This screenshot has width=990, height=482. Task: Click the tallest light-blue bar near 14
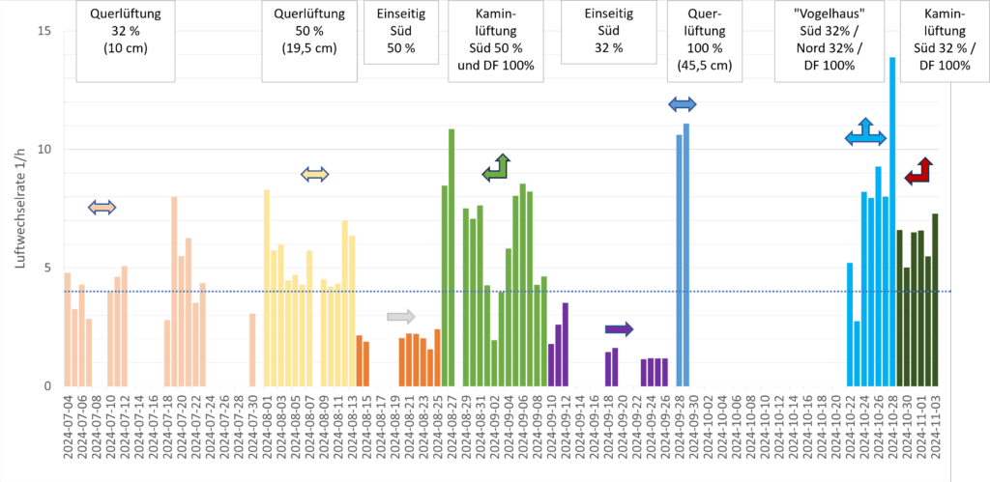892,221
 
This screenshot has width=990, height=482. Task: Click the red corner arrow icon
918,172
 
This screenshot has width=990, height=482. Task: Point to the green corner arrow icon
498,168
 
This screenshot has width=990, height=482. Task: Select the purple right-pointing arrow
619,329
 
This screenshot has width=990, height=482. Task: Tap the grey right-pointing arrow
400,316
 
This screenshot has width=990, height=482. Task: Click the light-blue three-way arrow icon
864,134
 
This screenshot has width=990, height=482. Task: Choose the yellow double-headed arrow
315,174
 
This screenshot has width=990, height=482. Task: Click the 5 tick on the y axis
46,269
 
